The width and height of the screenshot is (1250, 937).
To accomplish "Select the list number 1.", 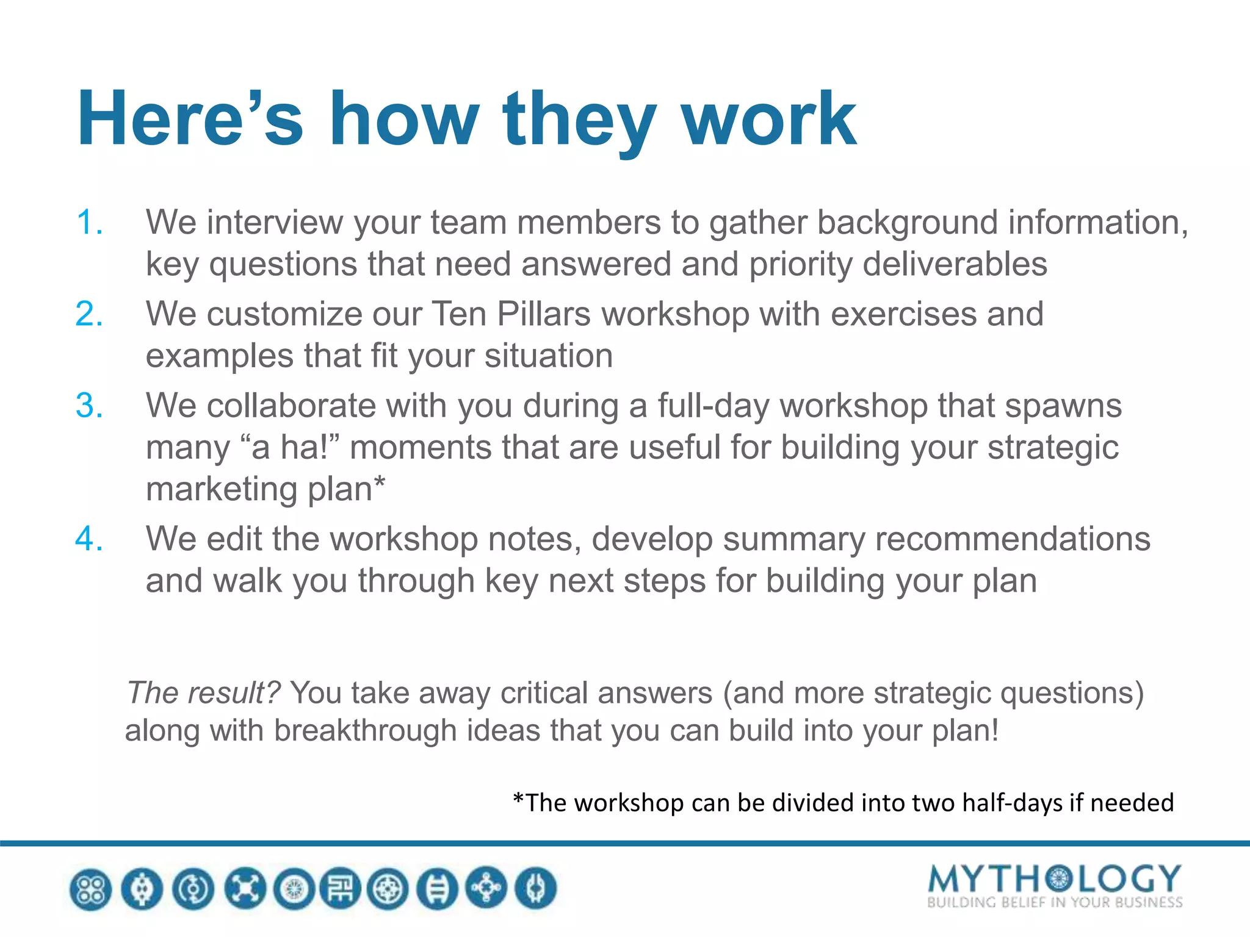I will coord(89,222).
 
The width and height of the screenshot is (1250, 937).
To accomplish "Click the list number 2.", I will coord(89,314).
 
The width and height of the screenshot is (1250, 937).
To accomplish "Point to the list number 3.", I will coord(89,406).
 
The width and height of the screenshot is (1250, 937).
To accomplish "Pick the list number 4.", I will coord(89,539).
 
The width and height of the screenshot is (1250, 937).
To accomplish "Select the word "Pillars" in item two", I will coord(543,314).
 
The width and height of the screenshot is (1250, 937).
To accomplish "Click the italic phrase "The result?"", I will coord(203,693).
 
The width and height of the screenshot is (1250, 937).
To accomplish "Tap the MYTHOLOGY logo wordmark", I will coord(1054,878).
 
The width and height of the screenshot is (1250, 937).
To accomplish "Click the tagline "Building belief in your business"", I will coord(1054,903).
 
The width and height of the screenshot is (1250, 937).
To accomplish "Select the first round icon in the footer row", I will coord(91,889).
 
